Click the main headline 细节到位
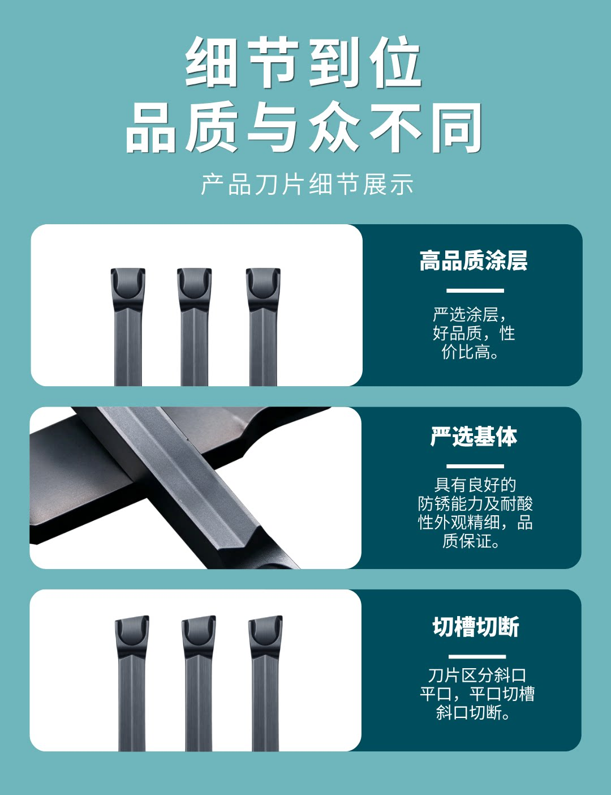pyautogui.click(x=303, y=62)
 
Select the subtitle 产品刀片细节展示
pyautogui.click(x=307, y=184)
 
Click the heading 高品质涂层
pyautogui.click(x=473, y=260)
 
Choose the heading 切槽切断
pyautogui.click(x=476, y=627)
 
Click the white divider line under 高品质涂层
pyautogui.click(x=475, y=291)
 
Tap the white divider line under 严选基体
pyautogui.click(x=475, y=467)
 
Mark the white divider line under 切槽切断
pyautogui.click(x=477, y=657)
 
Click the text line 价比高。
pyautogui.click(x=470, y=352)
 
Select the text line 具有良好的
pyautogui.click(x=475, y=485)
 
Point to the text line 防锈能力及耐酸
pyautogui.click(x=475, y=504)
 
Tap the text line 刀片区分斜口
pyautogui.click(x=477, y=676)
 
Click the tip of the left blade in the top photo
pyautogui.click(x=128, y=270)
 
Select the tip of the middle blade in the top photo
pyautogui.click(x=194, y=270)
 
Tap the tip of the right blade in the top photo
pyautogui.click(x=263, y=270)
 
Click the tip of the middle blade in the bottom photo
pyautogui.click(x=199, y=617)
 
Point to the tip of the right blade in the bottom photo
pyautogui.click(x=266, y=617)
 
